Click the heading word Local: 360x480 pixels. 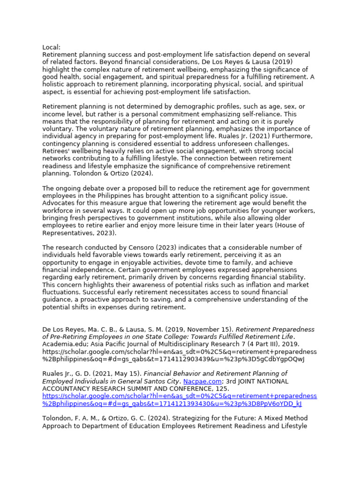click(x=52, y=47)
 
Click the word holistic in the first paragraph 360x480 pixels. click(x=54, y=84)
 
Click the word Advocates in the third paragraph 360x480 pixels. click(x=58, y=203)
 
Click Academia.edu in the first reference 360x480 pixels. click(x=63, y=345)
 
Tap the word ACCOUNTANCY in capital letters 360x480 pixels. click(x=66, y=389)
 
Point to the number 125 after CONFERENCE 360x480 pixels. click(x=223, y=389)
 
